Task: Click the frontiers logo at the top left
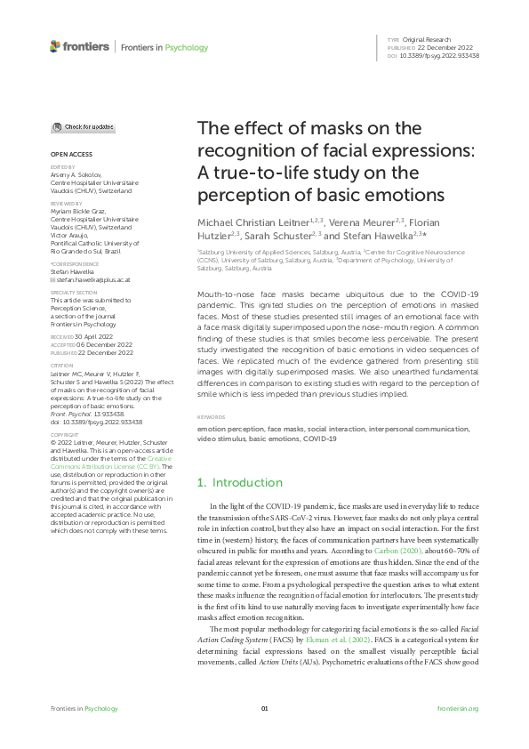point(80,46)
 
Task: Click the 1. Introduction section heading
point(238,483)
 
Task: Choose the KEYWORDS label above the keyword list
point(210,417)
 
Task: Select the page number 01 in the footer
point(264,708)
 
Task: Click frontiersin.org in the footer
point(459,708)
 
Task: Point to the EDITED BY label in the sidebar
point(61,167)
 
